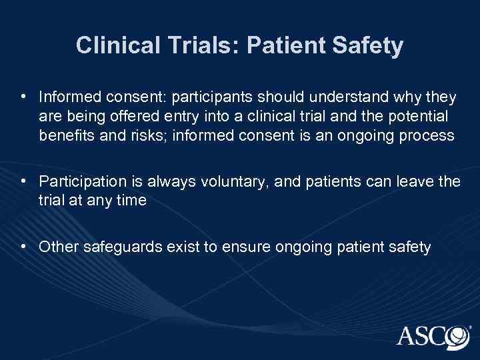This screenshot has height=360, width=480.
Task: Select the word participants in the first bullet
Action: tap(215, 98)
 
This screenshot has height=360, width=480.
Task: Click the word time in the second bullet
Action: tap(131, 199)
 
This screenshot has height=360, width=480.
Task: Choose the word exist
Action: tap(177, 247)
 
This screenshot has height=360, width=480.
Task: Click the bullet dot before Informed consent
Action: tap(23, 98)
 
